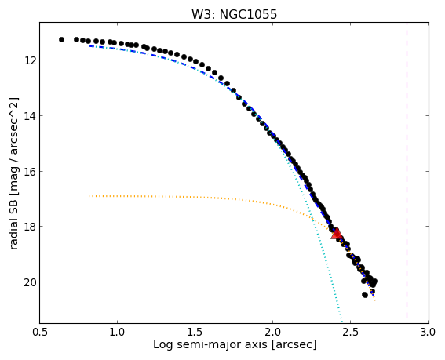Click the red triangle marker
tap(337, 234)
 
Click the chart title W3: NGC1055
tap(234, 14)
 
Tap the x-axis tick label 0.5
tap(39, 332)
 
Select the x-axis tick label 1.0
tap(117, 332)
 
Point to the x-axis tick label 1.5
tap(195, 332)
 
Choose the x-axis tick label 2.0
tap(273, 332)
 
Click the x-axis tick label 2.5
tap(351, 332)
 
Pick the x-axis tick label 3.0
tap(429, 332)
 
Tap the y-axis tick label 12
tap(30, 60)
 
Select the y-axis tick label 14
tap(30, 116)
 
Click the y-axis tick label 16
tap(30, 171)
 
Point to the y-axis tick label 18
tap(30, 227)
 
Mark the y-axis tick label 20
tap(30, 282)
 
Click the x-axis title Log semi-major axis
tap(210, 344)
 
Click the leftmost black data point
tap(61, 39)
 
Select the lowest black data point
tap(365, 295)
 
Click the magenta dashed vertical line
tap(407, 170)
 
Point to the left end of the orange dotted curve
tap(89, 196)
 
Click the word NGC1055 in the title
tap(248, 14)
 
